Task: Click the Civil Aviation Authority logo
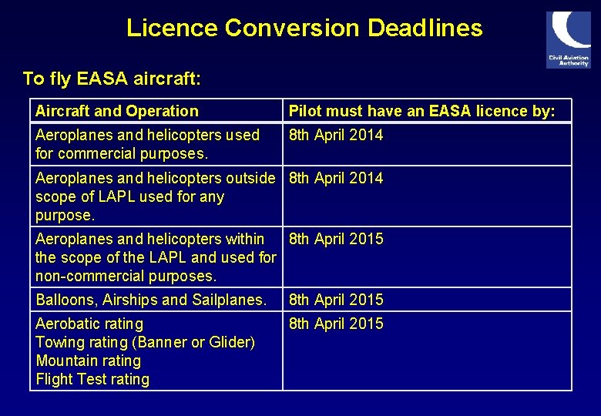pos(569,39)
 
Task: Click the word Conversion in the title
pos(292,29)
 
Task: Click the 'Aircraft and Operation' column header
pos(117,111)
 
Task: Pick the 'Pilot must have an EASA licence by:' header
pos(421,111)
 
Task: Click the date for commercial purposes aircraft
pos(335,136)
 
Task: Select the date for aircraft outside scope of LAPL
pos(335,179)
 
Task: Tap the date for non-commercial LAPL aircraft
pos(335,239)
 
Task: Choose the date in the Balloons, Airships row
pos(335,300)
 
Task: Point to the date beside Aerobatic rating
pos(335,324)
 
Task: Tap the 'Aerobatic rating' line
pos(89,324)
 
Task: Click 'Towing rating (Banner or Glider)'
pos(145,342)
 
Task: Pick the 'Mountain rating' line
pos(89,361)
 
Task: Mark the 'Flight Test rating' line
pos(92,379)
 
